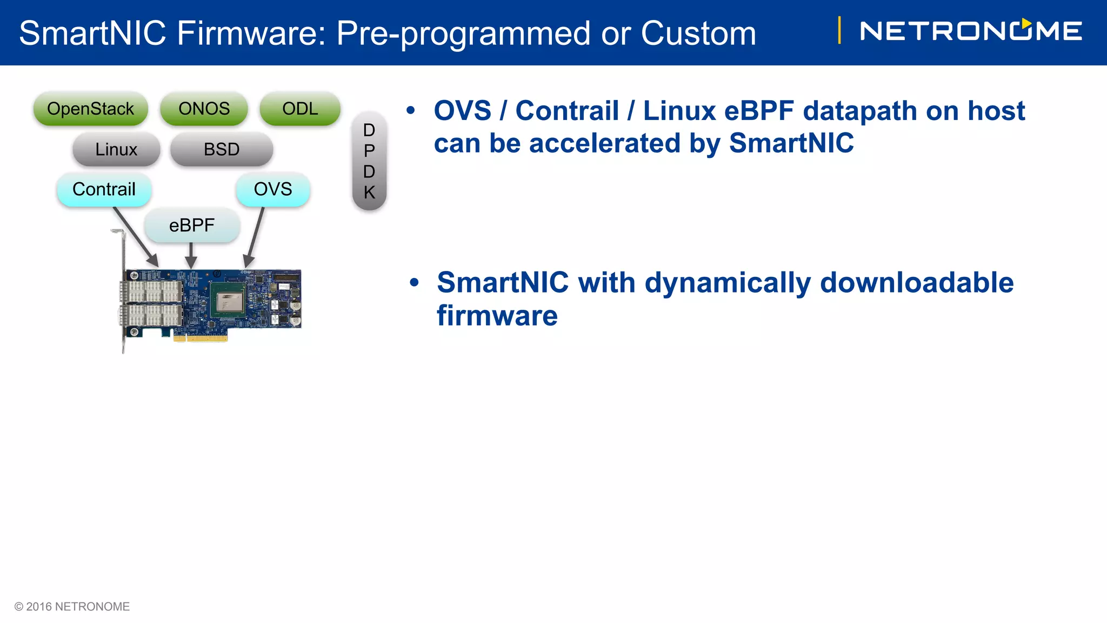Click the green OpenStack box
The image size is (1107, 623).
(91, 109)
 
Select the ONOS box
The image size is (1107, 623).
(204, 109)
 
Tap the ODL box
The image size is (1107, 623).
(300, 109)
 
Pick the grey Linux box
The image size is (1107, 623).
(116, 149)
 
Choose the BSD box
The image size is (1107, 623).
(222, 149)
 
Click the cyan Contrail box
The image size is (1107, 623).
(104, 189)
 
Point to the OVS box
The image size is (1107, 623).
(273, 189)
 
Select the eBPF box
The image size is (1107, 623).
(192, 225)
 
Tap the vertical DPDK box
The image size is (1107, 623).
(369, 161)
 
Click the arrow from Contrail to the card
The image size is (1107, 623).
(135, 236)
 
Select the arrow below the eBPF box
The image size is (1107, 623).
(191, 255)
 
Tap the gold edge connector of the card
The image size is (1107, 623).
(201, 339)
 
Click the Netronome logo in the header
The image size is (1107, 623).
(971, 31)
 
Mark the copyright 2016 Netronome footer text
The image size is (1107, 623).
(72, 607)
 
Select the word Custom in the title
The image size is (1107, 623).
(698, 33)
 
